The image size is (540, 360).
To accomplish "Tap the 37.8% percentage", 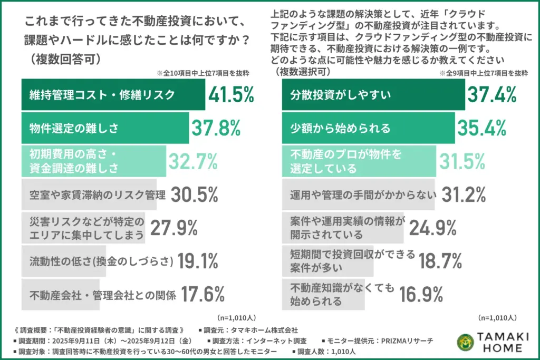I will (216, 127).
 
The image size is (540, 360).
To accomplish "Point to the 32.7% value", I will (192, 161).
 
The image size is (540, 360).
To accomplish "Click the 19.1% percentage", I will (198, 260).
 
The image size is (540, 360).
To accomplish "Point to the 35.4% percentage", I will (482, 127).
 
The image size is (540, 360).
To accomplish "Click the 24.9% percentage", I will (433, 228).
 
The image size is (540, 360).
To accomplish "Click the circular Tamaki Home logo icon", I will (465, 342).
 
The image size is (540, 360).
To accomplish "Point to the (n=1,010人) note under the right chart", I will (497, 318).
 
